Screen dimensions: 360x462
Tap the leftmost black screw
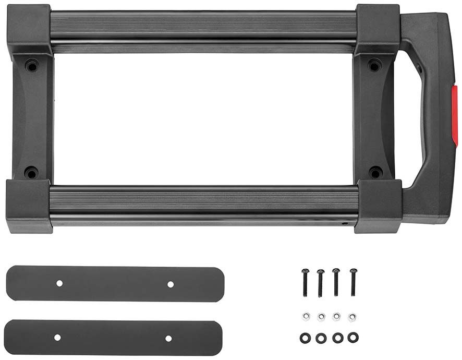[306, 282]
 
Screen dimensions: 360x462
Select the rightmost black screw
[354, 281]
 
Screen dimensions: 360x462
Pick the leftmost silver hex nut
[306, 316]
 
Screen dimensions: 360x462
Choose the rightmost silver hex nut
[352, 316]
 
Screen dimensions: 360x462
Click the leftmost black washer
[306, 338]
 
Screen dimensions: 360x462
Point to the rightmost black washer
[353, 337]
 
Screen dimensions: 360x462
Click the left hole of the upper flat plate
[59, 283]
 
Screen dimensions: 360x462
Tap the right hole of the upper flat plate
[170, 284]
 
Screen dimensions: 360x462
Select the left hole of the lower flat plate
[57, 338]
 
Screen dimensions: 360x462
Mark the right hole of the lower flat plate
[168, 339]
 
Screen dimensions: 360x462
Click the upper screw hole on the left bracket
[32, 66]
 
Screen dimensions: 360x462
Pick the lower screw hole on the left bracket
[31, 172]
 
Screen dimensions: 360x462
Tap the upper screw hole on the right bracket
[374, 66]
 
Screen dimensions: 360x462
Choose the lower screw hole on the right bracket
[375, 172]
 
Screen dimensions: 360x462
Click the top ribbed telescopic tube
[203, 28]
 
